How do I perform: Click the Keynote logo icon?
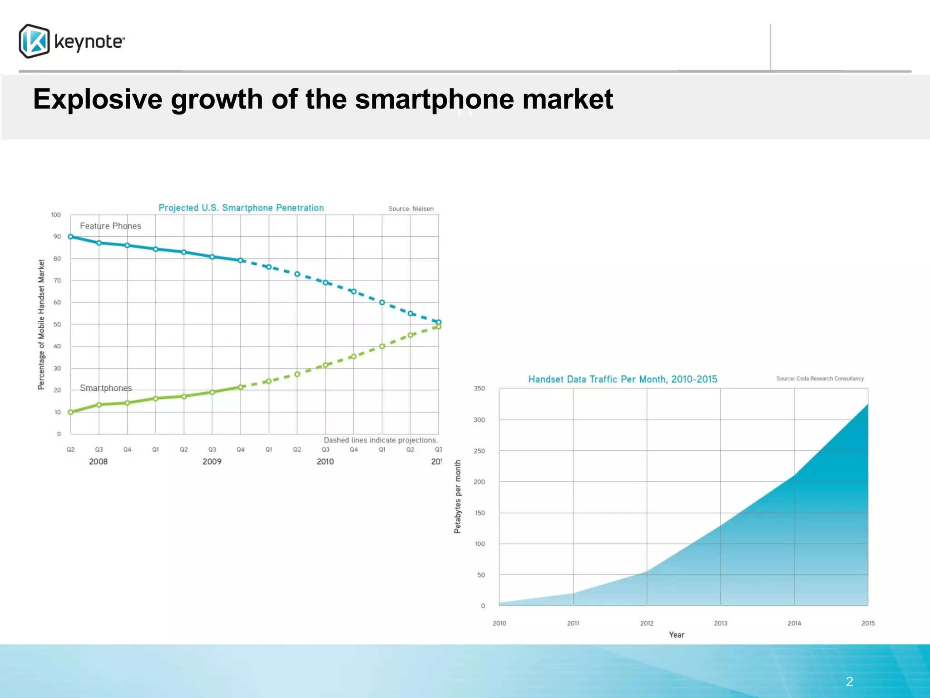pos(34,41)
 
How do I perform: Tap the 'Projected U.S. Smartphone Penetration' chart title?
pos(241,208)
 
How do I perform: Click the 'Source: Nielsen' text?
pos(411,209)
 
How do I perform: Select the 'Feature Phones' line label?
pos(110,226)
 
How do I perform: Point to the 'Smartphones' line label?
pos(106,388)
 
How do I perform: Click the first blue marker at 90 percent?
pos(70,236)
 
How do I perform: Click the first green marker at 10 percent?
pos(70,412)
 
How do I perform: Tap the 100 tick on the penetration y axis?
pos(56,214)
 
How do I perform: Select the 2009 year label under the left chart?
pos(212,461)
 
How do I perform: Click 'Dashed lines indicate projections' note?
pos(381,440)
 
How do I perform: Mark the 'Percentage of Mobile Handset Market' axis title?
pos(41,324)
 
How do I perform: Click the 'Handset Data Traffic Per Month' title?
pos(623,379)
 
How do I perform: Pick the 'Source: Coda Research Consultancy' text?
pos(820,379)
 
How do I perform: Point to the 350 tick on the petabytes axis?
pos(479,388)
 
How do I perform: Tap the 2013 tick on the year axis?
pos(720,623)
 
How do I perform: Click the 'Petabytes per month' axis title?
pos(458,496)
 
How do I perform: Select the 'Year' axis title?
pos(676,634)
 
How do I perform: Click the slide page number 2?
pos(849,681)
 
